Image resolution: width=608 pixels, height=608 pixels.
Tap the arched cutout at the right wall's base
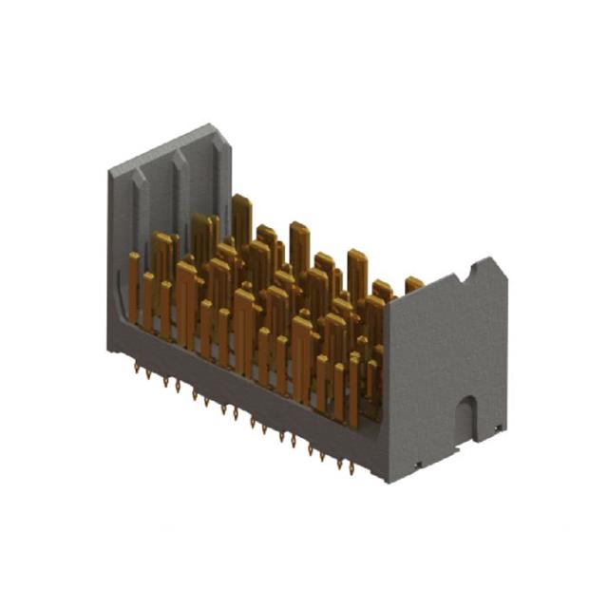pos(465,418)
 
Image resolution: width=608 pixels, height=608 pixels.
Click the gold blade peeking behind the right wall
pos(413,283)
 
